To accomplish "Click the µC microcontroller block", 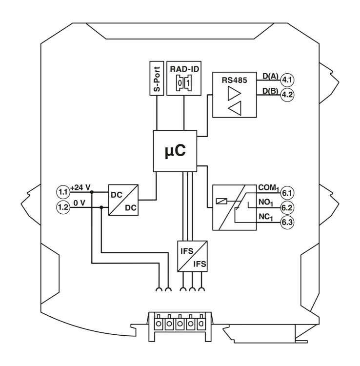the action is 175,151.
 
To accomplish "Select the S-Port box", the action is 157,79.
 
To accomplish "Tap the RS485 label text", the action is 234,81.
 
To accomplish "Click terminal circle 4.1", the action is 287,80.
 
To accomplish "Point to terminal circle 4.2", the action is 287,95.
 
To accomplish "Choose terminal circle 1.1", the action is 63,192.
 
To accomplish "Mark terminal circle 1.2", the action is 63,207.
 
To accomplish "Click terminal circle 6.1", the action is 287,193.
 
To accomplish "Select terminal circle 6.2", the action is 287,207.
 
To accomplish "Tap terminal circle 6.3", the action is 287,222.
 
